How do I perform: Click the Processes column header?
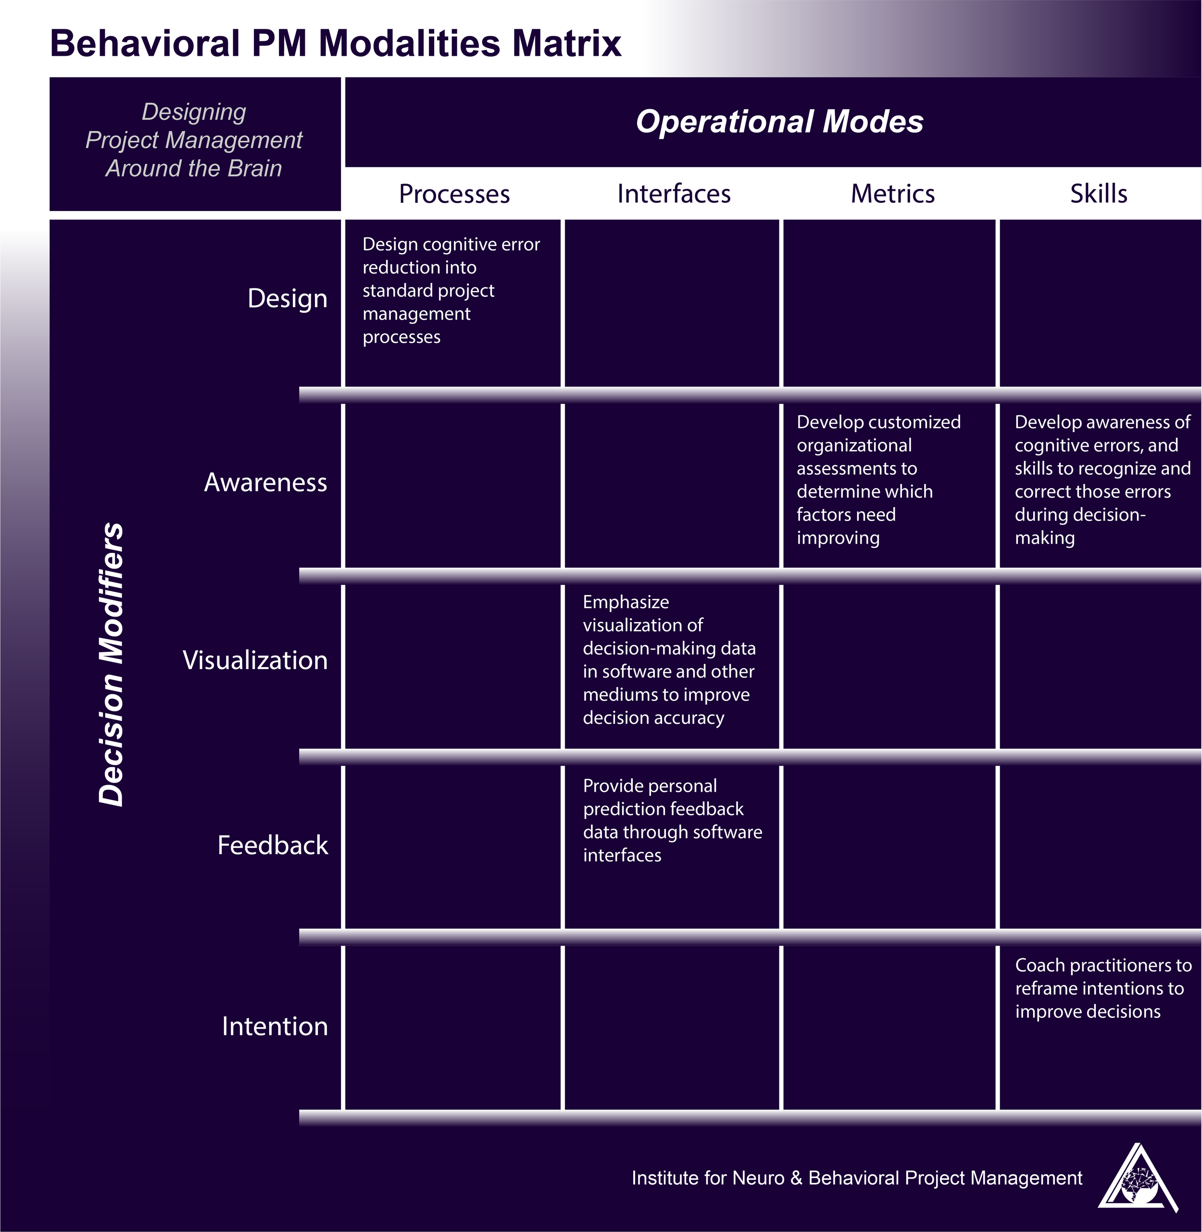pos(454,194)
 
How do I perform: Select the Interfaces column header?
pos(674,194)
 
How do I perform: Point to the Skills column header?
pos(1099,194)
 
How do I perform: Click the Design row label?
pos(287,299)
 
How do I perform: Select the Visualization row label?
pos(255,660)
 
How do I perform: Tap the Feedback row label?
pos(273,845)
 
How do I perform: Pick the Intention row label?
pos(275,1026)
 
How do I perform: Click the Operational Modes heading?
pos(779,121)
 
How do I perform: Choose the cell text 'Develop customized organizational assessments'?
pos(877,480)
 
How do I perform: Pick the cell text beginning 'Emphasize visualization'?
pos(668,660)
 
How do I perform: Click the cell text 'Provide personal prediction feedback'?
pos(672,820)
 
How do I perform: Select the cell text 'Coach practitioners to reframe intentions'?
pos(1102,988)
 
